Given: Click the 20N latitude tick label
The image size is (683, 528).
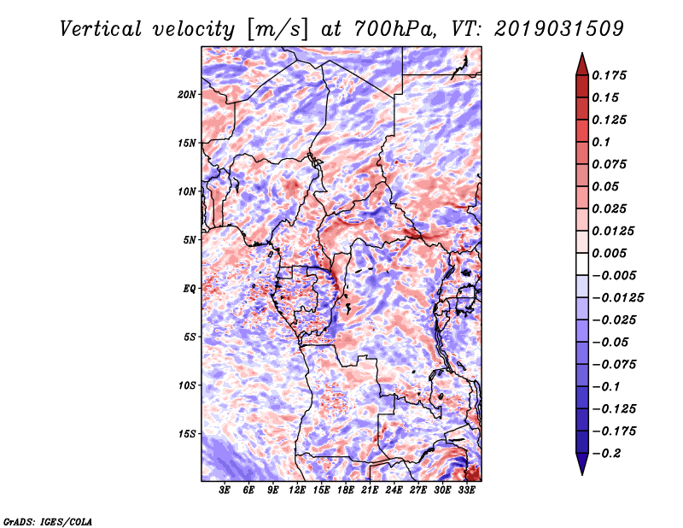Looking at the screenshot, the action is (x=187, y=94).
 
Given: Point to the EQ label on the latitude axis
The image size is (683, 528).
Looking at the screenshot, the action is (x=190, y=288).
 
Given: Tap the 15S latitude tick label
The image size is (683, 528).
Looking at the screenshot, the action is (x=187, y=434).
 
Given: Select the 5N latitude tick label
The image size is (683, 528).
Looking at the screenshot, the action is (x=190, y=240).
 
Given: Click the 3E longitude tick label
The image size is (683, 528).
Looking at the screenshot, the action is (x=225, y=490).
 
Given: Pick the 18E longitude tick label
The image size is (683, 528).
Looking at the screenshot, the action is (x=346, y=490).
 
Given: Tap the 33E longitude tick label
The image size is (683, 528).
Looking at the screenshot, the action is (x=466, y=490).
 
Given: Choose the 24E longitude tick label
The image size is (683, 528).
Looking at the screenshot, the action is (x=394, y=490).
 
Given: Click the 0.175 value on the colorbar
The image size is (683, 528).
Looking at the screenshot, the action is (x=610, y=75).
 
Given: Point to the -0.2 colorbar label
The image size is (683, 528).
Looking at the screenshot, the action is (x=606, y=454).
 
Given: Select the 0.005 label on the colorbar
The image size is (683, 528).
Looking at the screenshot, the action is (x=610, y=253).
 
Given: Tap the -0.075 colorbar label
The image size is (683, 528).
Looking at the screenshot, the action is (x=614, y=365).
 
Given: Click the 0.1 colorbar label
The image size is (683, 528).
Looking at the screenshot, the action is (x=602, y=142).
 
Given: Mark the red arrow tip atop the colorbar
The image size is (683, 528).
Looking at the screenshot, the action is (x=582, y=54).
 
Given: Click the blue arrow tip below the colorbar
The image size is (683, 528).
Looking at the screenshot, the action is (x=582, y=474).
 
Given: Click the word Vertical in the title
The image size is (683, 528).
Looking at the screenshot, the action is (x=101, y=29).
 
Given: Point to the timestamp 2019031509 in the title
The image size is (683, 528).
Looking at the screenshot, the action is (x=559, y=29).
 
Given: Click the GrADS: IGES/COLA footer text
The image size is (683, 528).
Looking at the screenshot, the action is (x=48, y=521).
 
